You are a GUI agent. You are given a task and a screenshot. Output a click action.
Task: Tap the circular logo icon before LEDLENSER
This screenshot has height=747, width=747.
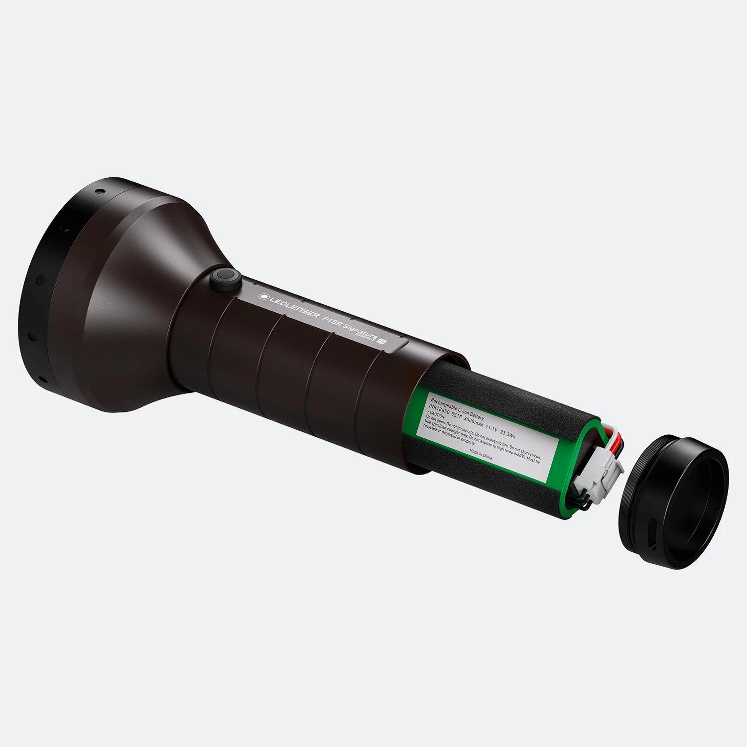point(262,297)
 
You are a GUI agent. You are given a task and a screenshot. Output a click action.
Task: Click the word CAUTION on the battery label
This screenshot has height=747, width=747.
point(437,416)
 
